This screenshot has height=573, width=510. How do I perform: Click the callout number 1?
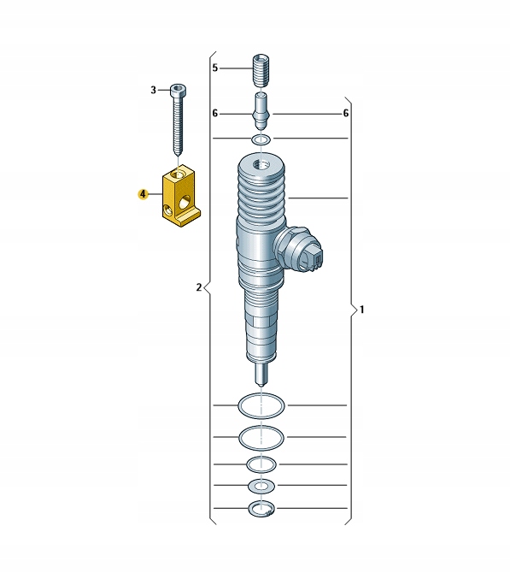(361, 310)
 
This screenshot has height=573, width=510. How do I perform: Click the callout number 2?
(198, 287)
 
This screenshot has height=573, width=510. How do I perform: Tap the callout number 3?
(153, 90)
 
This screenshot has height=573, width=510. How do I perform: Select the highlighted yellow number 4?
(143, 194)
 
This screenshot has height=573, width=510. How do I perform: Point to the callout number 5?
(215, 68)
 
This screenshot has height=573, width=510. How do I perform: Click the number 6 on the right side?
(346, 114)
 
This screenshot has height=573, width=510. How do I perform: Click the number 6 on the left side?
(215, 114)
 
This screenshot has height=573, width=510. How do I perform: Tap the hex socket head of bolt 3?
(178, 90)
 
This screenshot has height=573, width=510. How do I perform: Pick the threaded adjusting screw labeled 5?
(261, 70)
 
